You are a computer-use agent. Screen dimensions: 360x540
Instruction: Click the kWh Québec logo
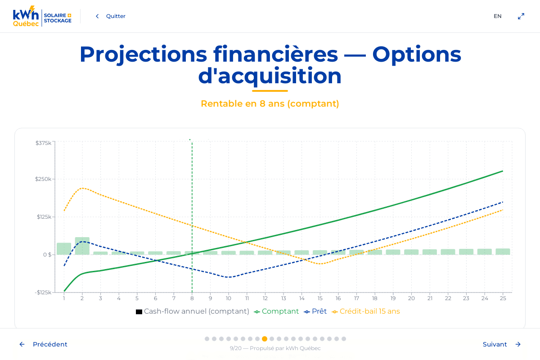click(x=42, y=17)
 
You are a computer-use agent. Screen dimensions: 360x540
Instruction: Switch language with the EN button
click(x=497, y=16)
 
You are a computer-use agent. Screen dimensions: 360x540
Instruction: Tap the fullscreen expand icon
click(x=521, y=16)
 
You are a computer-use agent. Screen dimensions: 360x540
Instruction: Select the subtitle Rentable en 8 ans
click(x=270, y=103)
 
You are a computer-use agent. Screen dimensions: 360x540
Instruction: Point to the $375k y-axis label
click(x=43, y=143)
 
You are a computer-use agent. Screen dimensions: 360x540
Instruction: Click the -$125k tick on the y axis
click(x=43, y=292)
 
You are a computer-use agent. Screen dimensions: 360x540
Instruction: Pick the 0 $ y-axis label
click(x=47, y=255)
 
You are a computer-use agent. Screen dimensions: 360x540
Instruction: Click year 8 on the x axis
click(x=192, y=298)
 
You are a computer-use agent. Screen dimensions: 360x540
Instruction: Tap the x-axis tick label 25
click(x=503, y=298)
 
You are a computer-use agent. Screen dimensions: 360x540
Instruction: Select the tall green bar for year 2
click(x=82, y=246)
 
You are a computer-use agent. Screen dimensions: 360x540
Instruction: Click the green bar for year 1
click(x=64, y=248)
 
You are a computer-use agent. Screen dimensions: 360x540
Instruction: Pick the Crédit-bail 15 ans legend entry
click(x=366, y=311)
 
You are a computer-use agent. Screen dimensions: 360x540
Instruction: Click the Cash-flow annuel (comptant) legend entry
click(x=193, y=311)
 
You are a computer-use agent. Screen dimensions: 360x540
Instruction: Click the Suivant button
click(x=501, y=344)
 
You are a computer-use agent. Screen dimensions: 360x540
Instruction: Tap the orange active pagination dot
click(x=265, y=339)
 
